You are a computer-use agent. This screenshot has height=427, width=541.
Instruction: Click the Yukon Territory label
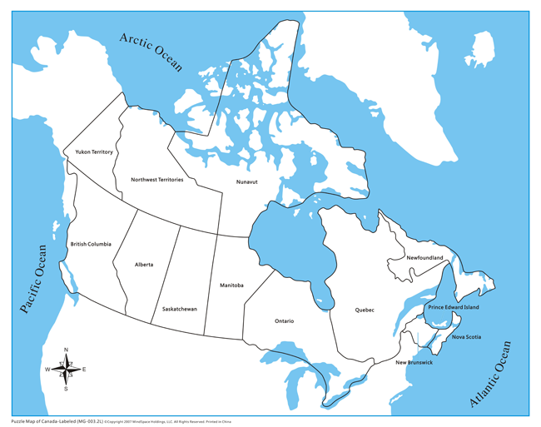pos(94,152)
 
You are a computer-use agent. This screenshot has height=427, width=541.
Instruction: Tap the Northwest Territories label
pos(157,180)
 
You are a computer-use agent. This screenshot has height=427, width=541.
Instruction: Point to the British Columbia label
pos(91,244)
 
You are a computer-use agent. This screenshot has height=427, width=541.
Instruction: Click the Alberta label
pos(144,265)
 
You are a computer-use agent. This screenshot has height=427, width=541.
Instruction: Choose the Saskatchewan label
pos(180,309)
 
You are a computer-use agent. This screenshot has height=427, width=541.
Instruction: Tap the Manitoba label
pos(231,285)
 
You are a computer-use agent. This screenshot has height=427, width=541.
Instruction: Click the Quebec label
pos(365,310)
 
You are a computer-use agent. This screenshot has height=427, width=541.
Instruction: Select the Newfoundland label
pos(424,258)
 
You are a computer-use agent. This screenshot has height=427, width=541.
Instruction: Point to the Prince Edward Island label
pos(454,307)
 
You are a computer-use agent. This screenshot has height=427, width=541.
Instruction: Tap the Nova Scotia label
pos(466,337)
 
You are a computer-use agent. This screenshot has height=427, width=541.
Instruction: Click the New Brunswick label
pos(414,363)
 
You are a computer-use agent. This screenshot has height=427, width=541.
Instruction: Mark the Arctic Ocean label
pos(151,52)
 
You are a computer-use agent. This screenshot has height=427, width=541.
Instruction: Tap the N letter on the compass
pos(66,350)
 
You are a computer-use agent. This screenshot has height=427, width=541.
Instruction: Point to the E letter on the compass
pos(84,369)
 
